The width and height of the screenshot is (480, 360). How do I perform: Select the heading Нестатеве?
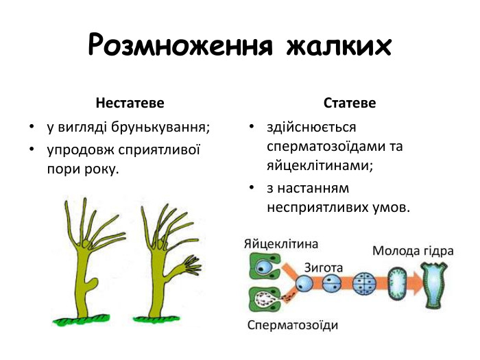click(130, 104)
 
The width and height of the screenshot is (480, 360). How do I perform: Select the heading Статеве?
click(350, 104)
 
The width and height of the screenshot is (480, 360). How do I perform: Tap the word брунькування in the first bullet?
click(164, 128)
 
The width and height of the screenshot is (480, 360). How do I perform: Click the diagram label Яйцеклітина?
click(280, 243)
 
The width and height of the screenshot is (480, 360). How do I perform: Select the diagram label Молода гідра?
click(413, 250)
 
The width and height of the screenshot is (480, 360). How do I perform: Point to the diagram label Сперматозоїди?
click(292, 324)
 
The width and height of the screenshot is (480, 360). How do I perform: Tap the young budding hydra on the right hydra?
click(186, 265)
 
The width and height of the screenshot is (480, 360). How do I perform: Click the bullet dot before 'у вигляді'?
click(32, 128)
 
